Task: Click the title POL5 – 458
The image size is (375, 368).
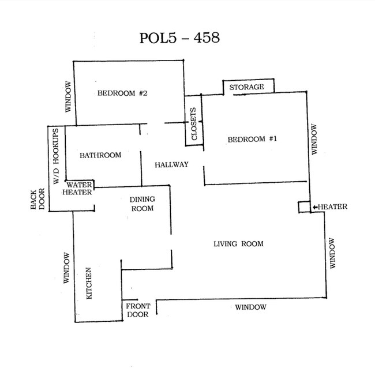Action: coord(179,37)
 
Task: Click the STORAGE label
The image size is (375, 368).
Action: coord(246,87)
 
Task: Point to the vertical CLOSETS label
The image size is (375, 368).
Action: coord(194,124)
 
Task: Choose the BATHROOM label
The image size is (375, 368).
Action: coord(100,155)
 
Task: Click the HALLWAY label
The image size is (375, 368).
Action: coord(171,165)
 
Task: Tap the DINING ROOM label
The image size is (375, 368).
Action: coord(141,204)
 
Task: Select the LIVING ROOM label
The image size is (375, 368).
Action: coord(238,244)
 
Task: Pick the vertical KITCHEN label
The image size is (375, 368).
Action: coord(90,283)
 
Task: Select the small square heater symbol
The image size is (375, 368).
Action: coord(303,207)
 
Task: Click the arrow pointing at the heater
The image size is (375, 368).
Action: coord(314,207)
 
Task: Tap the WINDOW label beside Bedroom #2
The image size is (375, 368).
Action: coord(68,96)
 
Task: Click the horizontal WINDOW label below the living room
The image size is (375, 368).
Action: coord(250,307)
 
